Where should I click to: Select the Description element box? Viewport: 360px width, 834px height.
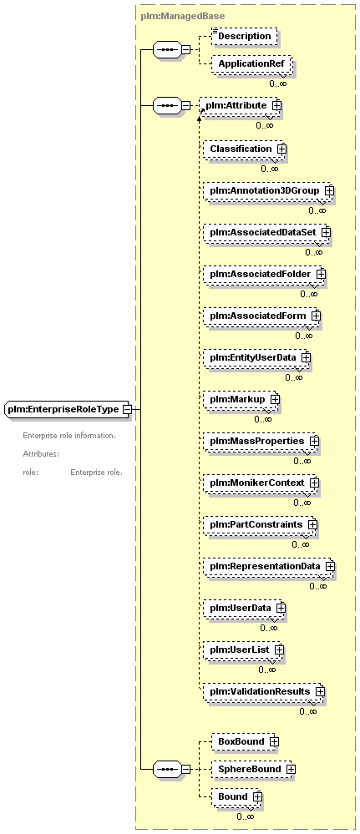[x=245, y=36]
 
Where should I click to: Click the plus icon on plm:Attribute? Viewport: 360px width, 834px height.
[x=276, y=105]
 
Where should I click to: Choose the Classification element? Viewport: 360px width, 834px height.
[x=245, y=149]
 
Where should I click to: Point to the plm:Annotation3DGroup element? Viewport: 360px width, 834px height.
[x=269, y=190]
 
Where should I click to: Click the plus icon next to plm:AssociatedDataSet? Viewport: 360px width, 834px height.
[x=326, y=232]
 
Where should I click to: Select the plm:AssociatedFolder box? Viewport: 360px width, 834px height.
[x=265, y=275]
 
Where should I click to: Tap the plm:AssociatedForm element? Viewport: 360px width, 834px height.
[x=262, y=316]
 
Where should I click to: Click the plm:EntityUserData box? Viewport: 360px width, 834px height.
[x=256, y=358]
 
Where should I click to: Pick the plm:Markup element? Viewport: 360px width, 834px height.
[x=241, y=399]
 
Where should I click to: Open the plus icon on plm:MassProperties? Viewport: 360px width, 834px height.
[x=314, y=441]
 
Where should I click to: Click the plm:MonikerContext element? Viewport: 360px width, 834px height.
[x=261, y=483]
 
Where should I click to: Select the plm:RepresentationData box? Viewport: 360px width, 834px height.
[x=269, y=567]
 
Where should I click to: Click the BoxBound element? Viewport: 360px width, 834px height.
[x=246, y=741]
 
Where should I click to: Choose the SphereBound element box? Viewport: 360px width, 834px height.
[x=253, y=769]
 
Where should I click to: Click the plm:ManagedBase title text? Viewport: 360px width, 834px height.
[x=183, y=17]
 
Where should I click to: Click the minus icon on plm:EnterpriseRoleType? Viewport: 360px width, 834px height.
[x=127, y=410]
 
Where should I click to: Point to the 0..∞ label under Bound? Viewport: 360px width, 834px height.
[x=246, y=816]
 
